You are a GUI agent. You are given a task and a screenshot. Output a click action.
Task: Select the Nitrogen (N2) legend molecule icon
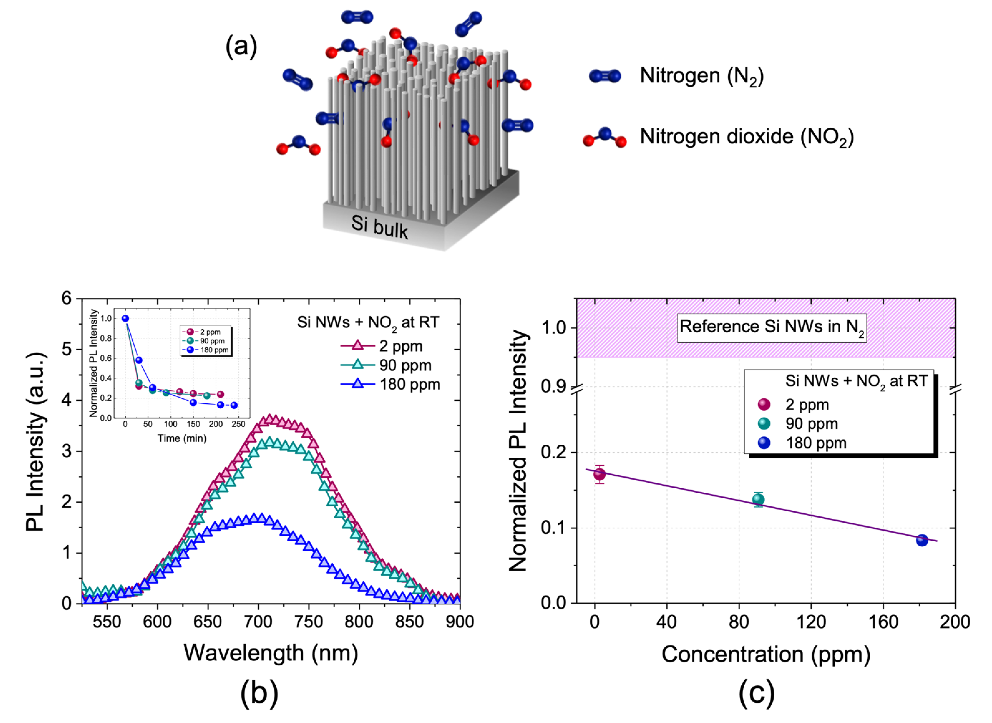pyautogui.click(x=605, y=76)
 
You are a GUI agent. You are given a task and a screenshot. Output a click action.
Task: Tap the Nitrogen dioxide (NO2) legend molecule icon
pyautogui.click(x=605, y=137)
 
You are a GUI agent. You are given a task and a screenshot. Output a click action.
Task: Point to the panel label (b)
pyautogui.click(x=259, y=693)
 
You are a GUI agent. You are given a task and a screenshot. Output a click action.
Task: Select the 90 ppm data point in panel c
pyautogui.click(x=758, y=499)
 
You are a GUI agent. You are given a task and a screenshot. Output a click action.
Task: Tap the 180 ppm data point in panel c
pyautogui.click(x=922, y=540)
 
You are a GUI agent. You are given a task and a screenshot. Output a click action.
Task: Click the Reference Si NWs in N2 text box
pyautogui.click(x=772, y=327)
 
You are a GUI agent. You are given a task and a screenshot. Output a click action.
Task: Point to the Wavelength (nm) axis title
pyautogui.click(x=271, y=653)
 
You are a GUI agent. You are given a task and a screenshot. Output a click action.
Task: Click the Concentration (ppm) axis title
pyautogui.click(x=766, y=654)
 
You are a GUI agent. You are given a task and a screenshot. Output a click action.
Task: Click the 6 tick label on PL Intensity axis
pyautogui.click(x=67, y=298)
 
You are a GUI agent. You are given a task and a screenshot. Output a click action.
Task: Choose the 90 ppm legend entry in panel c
pyautogui.click(x=811, y=424)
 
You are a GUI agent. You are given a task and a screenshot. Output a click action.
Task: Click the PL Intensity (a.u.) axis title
pyautogui.click(x=35, y=442)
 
